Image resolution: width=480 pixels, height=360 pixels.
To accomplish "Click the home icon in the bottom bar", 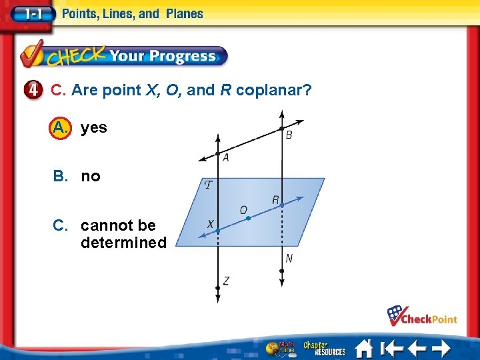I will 363,348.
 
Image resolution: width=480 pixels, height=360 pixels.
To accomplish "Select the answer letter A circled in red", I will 59,127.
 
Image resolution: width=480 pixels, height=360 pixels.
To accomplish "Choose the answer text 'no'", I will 91,177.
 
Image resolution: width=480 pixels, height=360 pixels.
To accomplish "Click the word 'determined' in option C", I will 123,243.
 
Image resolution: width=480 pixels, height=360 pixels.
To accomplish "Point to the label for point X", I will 210,225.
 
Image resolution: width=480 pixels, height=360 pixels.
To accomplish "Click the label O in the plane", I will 243,211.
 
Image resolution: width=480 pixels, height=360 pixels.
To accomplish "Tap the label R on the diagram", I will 275,199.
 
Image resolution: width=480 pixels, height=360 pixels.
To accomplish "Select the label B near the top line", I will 289,135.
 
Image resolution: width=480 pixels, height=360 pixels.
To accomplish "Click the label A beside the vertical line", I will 226,158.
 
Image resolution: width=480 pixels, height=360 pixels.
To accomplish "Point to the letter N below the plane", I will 289,258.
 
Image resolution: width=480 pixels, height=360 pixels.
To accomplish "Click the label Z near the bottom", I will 226,281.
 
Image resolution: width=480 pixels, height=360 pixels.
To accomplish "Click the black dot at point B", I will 282,128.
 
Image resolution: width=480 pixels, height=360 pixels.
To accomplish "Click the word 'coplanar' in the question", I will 273,90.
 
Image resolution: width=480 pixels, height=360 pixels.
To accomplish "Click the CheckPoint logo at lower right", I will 423,315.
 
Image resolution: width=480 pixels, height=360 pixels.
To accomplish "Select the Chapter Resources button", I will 324,348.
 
